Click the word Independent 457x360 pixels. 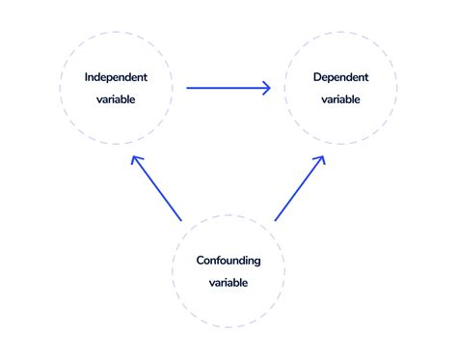pos(115,76)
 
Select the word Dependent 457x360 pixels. pos(340,76)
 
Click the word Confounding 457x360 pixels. pos(228,261)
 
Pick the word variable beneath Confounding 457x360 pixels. pos(228,283)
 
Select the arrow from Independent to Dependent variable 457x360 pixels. pos(227,88)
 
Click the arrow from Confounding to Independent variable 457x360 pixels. pos(157,189)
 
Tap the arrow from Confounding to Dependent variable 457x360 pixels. pos(300,189)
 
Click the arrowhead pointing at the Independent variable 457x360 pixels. pos(135,160)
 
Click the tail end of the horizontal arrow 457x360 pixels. pos(188,88)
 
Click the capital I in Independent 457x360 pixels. pos(87,76)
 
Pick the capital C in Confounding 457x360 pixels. pos(201,261)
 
